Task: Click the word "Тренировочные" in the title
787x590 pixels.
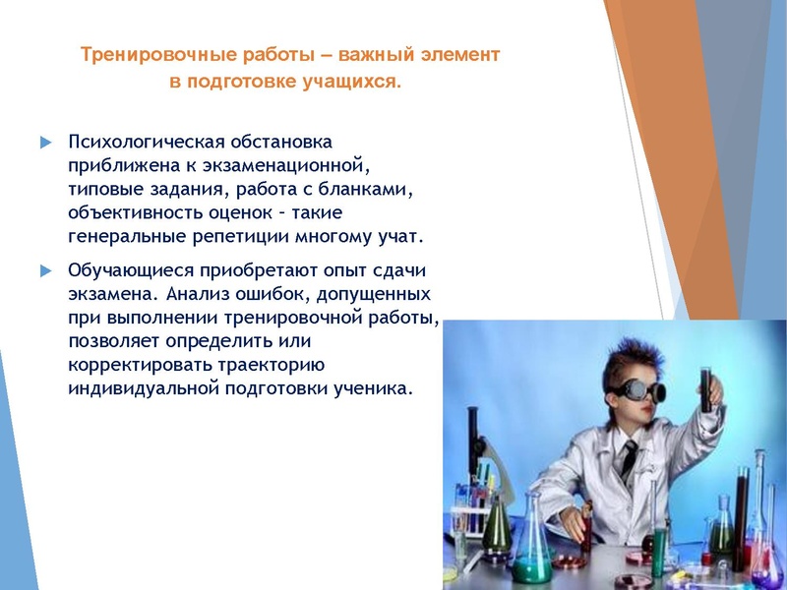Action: (x=140, y=55)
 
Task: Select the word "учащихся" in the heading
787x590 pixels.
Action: (x=354, y=84)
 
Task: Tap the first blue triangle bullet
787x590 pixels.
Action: (x=45, y=143)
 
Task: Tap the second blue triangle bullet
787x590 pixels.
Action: (x=45, y=270)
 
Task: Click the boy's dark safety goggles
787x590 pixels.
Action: (x=629, y=387)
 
